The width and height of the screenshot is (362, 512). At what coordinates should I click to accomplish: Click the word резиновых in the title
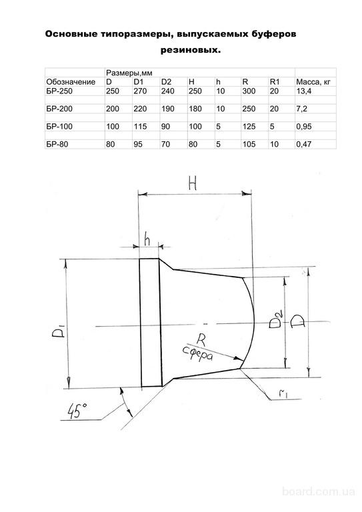click(190, 51)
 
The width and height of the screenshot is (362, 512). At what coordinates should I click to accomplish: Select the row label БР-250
click(59, 91)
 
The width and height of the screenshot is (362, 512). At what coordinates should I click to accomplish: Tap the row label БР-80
click(57, 144)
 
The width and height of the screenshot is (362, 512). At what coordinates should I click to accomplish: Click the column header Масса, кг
click(313, 82)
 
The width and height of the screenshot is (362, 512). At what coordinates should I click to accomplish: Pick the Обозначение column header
click(71, 82)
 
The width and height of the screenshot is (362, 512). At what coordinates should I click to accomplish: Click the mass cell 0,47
click(303, 144)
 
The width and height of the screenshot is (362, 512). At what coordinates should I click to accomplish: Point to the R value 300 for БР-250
click(249, 91)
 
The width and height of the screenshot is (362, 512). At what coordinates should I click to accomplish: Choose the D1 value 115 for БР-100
click(140, 127)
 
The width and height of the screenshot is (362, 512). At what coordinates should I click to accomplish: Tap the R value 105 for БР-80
click(249, 144)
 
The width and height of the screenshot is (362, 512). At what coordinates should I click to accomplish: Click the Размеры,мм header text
click(129, 73)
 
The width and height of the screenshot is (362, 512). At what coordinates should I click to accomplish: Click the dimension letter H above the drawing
click(193, 184)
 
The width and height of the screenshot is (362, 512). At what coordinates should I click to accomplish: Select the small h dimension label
click(147, 240)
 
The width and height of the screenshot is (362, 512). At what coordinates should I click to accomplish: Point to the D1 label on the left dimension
click(58, 333)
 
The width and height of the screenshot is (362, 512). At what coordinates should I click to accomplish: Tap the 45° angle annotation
click(77, 411)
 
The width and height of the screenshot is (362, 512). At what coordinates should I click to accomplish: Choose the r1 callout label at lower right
click(283, 394)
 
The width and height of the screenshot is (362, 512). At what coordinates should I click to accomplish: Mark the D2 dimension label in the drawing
click(275, 320)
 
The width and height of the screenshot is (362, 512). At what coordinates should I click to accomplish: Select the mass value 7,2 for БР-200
click(301, 109)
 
